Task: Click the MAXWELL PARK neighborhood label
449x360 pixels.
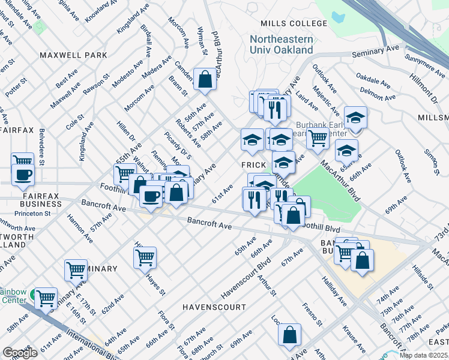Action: point(73,55)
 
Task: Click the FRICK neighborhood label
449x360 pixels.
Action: point(253,164)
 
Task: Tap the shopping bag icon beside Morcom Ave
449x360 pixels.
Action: point(205,79)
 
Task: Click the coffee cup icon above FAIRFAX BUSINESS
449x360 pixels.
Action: point(23,175)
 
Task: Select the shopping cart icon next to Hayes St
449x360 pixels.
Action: point(145,257)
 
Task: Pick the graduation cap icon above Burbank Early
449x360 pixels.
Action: point(355,118)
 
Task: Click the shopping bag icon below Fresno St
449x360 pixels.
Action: point(289,337)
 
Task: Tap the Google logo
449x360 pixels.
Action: point(20,353)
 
